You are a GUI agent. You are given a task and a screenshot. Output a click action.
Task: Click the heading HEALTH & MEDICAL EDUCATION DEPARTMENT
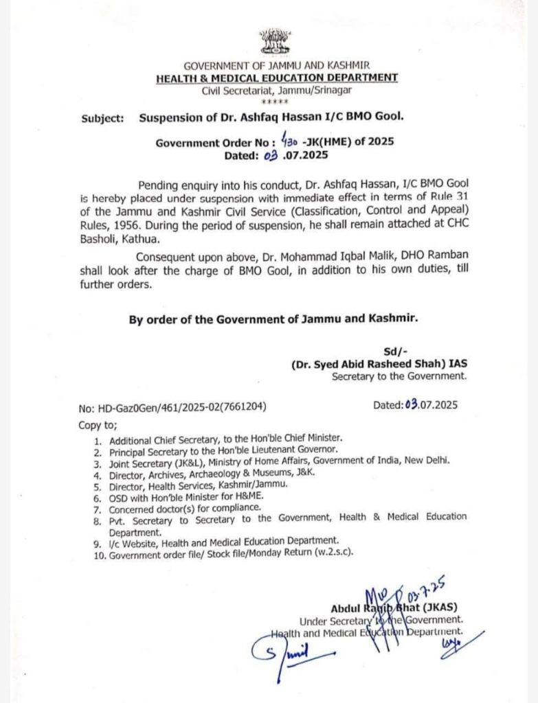click(276, 78)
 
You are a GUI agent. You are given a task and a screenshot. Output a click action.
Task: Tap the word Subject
click(102, 117)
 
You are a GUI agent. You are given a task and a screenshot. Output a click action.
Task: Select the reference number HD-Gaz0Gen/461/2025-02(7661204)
click(172, 405)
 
